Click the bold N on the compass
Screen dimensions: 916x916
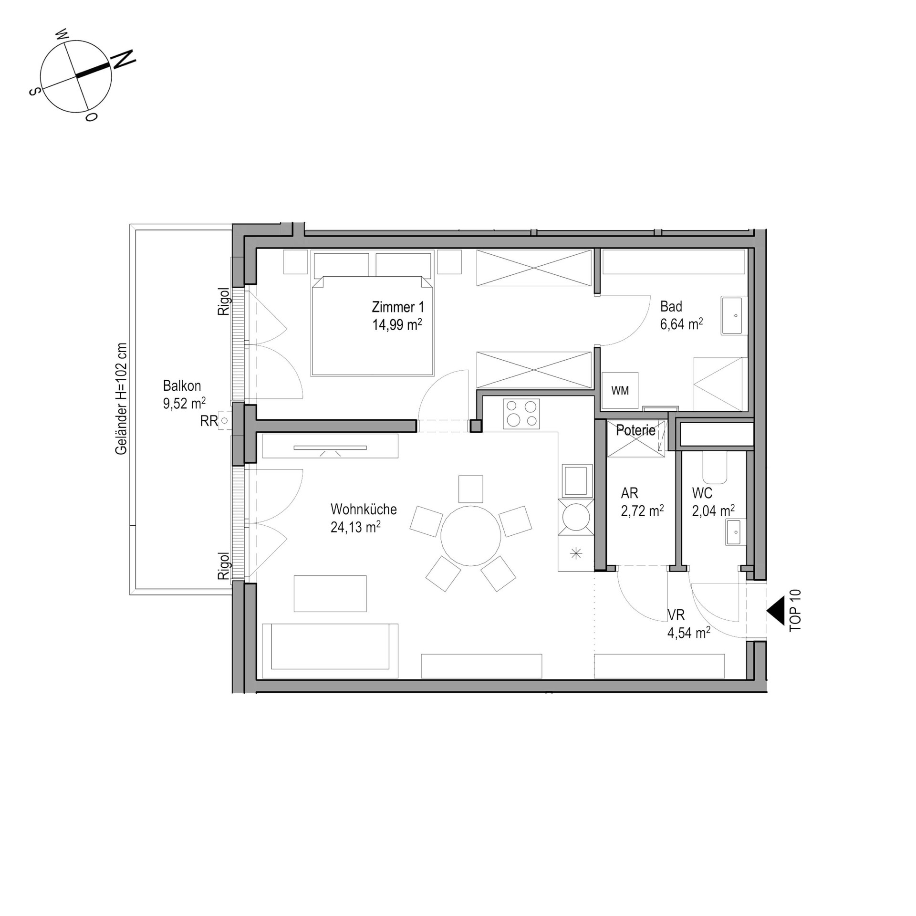click(x=123, y=59)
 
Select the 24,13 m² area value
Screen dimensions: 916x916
click(x=355, y=527)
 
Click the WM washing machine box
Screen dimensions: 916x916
click(x=620, y=390)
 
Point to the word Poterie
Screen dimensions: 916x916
click(x=635, y=430)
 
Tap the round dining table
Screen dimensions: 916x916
click(x=470, y=536)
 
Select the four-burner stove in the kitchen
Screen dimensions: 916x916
click(x=521, y=413)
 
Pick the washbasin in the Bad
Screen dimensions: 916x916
click(x=731, y=315)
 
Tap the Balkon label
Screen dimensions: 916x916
click(x=182, y=385)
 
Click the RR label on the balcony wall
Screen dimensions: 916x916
click(x=209, y=421)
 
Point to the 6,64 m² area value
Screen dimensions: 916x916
click(x=681, y=324)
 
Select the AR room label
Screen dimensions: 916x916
click(x=629, y=493)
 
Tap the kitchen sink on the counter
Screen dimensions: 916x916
click(x=575, y=481)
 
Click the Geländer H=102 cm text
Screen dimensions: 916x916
click(x=122, y=399)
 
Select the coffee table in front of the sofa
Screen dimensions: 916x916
click(x=330, y=593)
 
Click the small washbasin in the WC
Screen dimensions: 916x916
click(x=733, y=532)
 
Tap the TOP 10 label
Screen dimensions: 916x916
click(x=795, y=611)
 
